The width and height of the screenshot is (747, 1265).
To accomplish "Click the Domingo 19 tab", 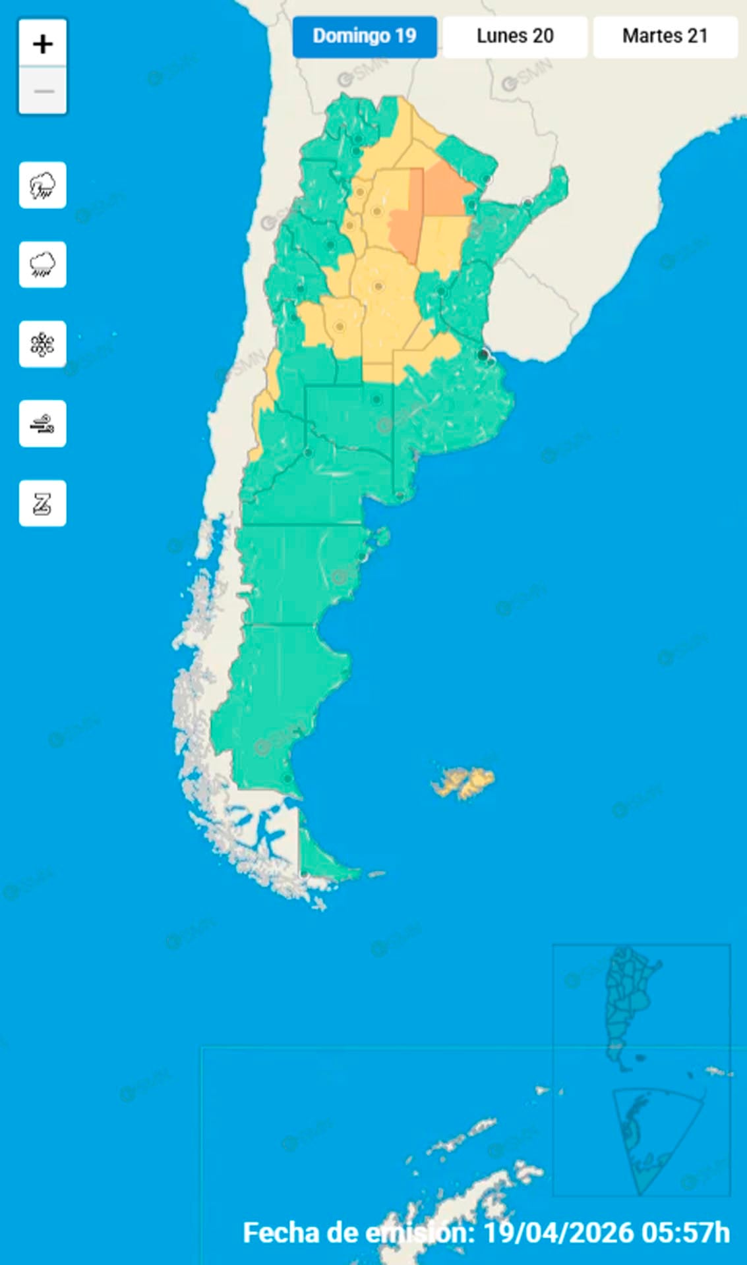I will coord(364,36).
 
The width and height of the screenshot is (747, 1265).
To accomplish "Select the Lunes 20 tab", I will coord(515,36).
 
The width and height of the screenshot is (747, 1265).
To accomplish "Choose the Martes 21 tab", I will coord(665,36).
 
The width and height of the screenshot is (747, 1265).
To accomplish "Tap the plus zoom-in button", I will coord(43,44).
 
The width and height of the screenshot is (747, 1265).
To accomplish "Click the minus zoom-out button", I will coord(43,90).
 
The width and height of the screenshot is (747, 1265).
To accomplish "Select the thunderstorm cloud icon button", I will coord(43,185).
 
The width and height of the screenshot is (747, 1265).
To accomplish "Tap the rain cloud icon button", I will coord(43,265).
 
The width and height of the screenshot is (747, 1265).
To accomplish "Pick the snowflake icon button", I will coord(43,344).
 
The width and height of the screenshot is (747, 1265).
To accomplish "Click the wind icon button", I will coord(43,424).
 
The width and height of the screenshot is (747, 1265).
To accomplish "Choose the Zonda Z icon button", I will coord(43,503).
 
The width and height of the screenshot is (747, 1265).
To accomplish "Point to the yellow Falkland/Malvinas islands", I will coord(465,782).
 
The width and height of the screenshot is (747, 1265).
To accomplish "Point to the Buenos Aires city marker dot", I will coord(484,355).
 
